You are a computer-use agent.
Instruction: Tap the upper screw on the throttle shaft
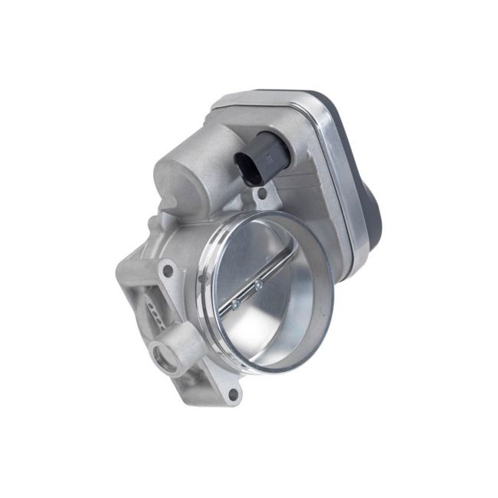pyautogui.click(x=257, y=285)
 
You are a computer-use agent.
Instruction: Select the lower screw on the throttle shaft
pyautogui.click(x=234, y=303)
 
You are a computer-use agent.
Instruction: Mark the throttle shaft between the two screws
pyautogui.click(x=246, y=294)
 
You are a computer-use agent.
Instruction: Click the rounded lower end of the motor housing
pyautogui.click(x=172, y=207)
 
